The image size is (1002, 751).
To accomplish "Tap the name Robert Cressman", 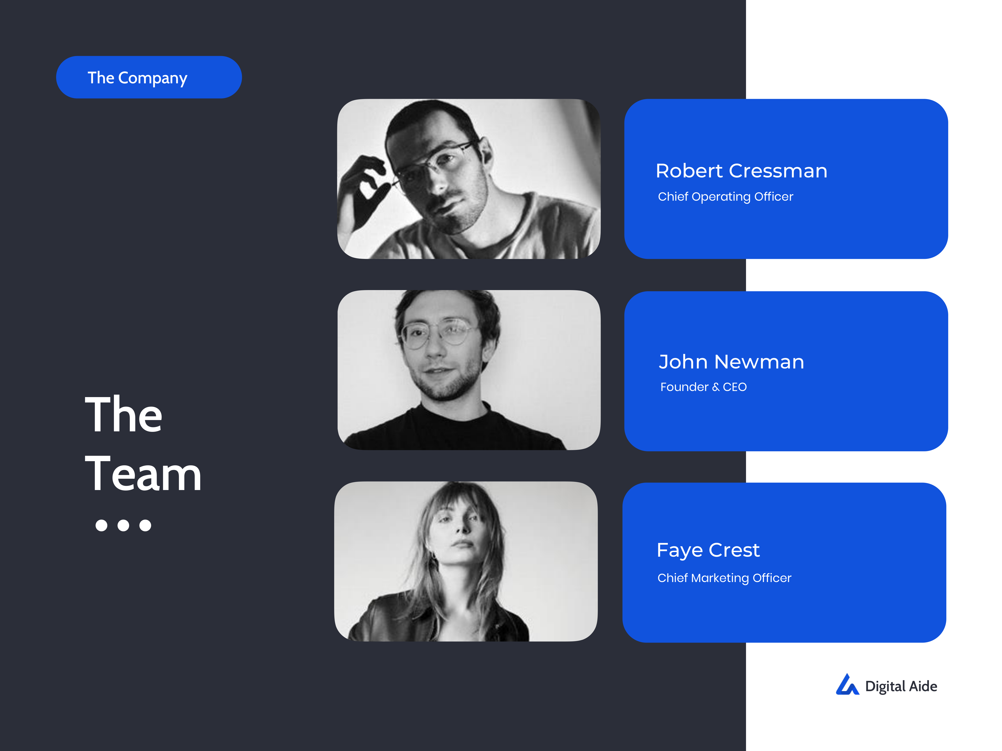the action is click(742, 171).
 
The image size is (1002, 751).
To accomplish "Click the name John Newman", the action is click(731, 362).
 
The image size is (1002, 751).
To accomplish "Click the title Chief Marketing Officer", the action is click(724, 578).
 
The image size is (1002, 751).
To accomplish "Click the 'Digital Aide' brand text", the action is click(901, 686).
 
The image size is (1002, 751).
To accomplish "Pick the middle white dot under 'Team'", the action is click(123, 525).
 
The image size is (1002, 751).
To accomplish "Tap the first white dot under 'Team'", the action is click(101, 525).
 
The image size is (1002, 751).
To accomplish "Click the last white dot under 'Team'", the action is click(145, 525).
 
